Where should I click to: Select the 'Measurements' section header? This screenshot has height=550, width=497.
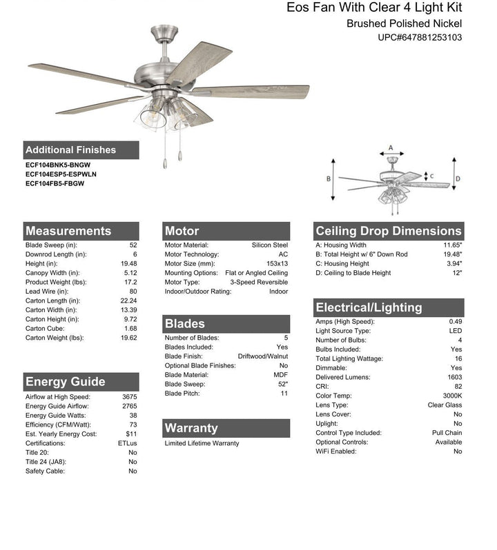coord(68,231)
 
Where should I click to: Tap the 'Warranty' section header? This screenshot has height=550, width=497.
coord(191,428)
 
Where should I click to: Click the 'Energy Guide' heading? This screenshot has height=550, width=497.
coord(65,382)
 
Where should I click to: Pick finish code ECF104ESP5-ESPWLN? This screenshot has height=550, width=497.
coord(61,174)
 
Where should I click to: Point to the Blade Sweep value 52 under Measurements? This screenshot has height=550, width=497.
coord(133,245)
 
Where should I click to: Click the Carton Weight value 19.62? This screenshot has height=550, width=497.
coord(128,338)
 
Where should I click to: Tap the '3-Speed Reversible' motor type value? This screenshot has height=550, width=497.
coord(259,282)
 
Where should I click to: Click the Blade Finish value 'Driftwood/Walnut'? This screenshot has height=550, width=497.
coord(263,356)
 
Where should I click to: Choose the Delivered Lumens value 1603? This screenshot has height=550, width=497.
coord(454,377)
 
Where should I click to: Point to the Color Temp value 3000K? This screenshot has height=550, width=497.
coord(452,396)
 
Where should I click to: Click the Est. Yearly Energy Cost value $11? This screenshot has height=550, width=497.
coord(131,434)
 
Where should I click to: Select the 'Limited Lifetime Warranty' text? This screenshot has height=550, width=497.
coord(202,443)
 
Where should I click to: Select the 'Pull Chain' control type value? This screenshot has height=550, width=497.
coord(447,433)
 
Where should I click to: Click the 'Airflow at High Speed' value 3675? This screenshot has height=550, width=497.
coord(129,396)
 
